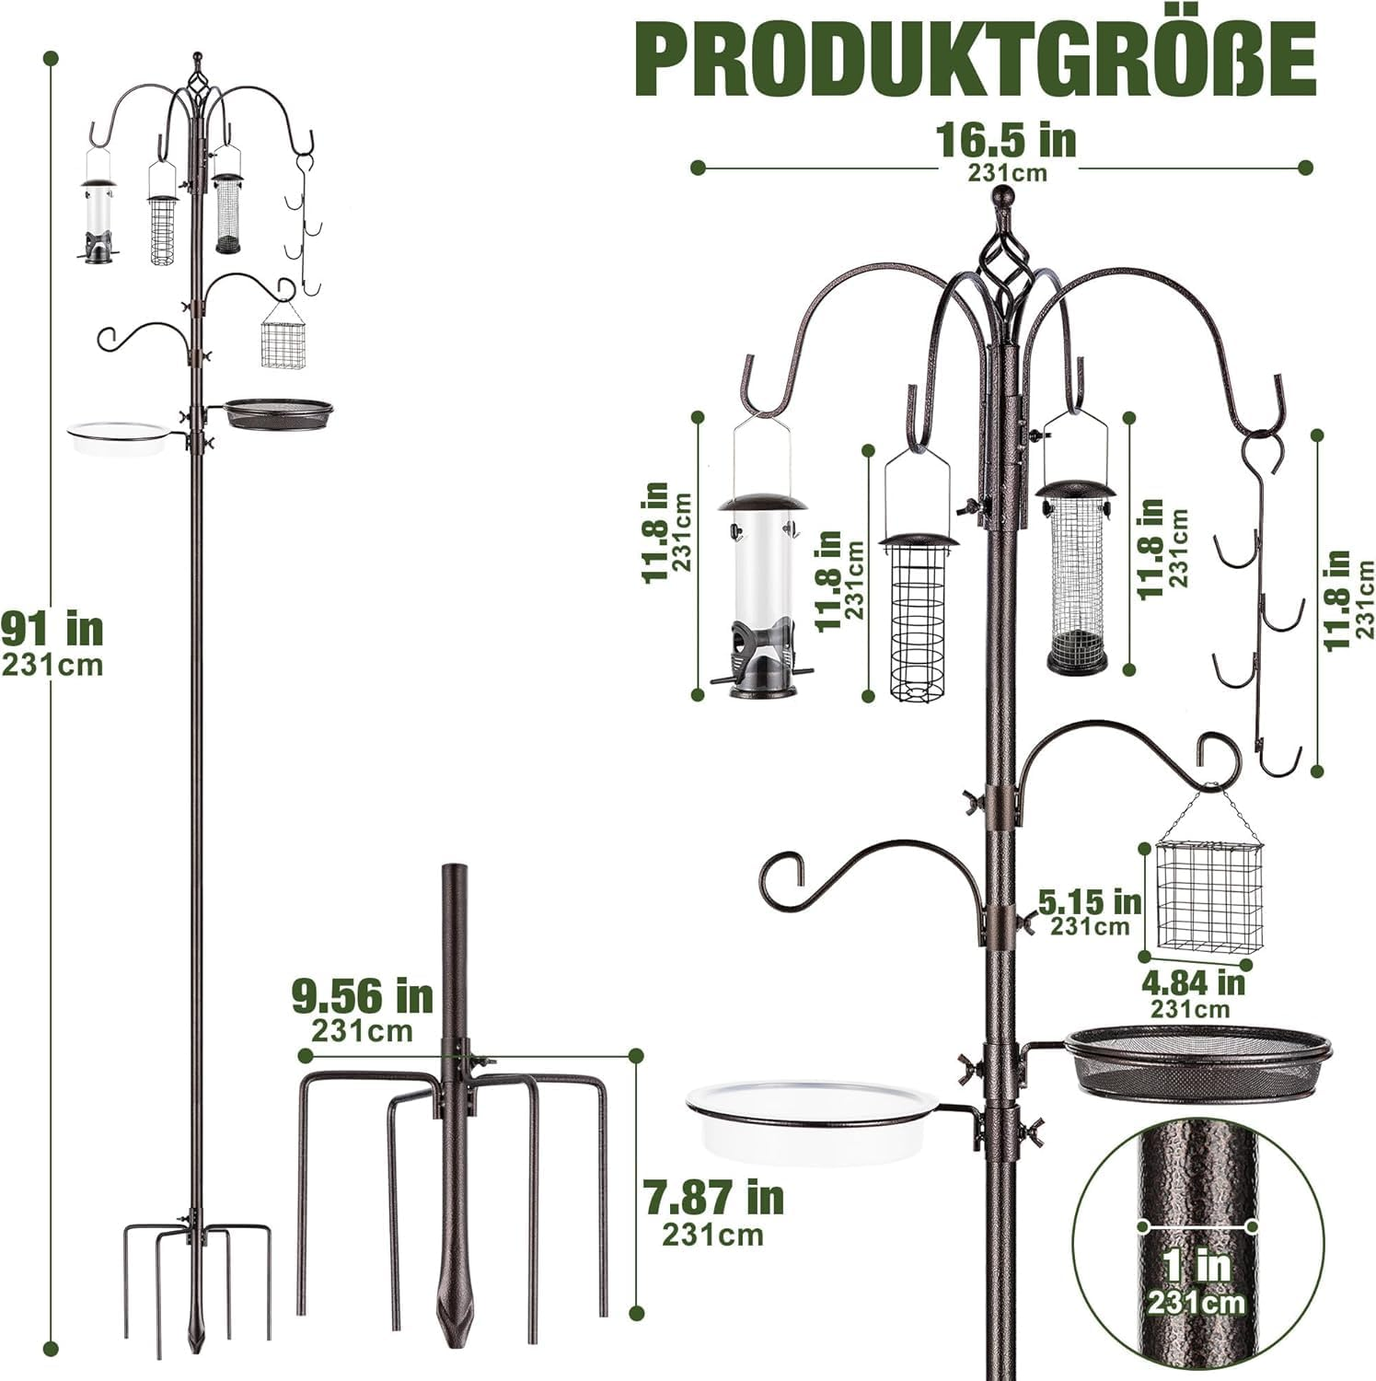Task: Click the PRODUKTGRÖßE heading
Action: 976,58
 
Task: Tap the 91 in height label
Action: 52,630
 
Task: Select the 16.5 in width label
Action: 1006,139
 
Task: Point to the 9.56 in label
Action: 362,995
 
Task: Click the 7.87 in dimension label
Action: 713,1199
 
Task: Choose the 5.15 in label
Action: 1090,902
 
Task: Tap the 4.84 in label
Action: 1193,982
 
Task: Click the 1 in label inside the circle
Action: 1197,1266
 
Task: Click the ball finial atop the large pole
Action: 1003,196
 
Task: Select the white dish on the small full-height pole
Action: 117,438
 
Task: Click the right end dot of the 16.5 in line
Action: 1304,168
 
